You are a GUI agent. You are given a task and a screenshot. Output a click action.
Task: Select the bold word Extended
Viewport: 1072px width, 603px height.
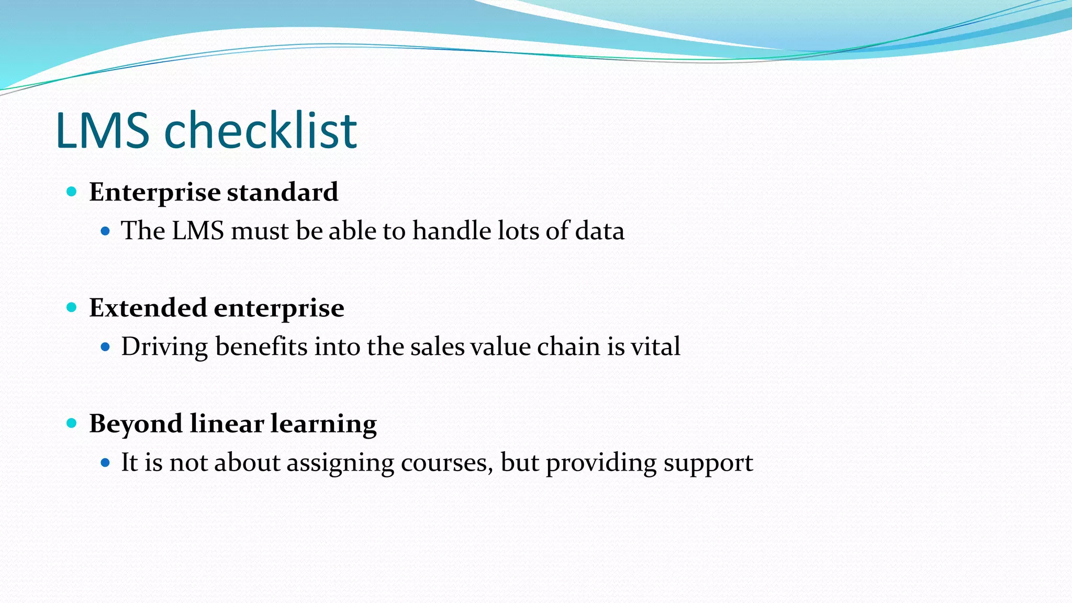point(148,307)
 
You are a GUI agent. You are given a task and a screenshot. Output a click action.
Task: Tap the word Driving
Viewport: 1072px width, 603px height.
point(164,347)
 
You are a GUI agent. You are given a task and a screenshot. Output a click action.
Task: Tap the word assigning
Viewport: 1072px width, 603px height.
point(340,463)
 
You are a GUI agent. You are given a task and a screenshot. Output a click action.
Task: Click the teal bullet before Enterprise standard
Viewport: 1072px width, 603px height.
point(72,192)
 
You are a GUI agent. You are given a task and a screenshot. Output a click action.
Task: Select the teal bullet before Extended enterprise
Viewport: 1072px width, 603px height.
point(72,307)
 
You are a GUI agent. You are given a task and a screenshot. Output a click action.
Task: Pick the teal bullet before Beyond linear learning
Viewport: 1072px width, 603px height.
point(72,423)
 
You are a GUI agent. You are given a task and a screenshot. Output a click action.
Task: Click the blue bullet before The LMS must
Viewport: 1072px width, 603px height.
point(105,231)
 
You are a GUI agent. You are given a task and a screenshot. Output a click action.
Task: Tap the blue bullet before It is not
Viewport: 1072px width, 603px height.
point(105,462)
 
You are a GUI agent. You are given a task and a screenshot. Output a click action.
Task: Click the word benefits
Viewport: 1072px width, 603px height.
point(261,347)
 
